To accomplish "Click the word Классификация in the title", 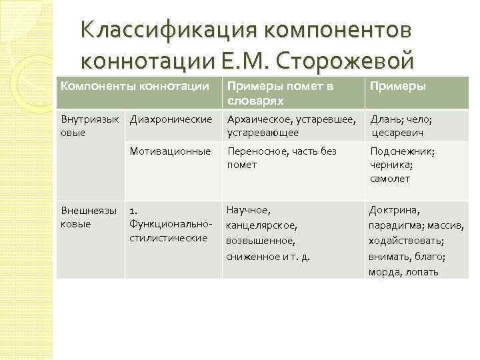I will point(167,32).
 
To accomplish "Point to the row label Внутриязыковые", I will point(89,125).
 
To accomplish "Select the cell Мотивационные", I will point(170,151).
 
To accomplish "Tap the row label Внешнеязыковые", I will point(88,216).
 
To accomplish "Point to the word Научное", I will point(247,210).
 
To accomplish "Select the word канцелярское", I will point(261,225).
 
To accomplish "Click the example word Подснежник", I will point(402,151).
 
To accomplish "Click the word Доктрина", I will point(394,210).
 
